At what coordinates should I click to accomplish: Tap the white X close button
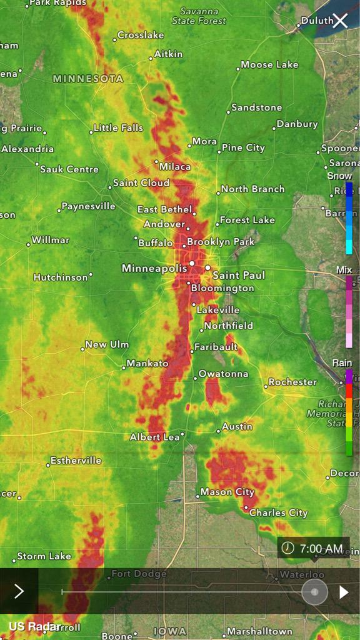pyautogui.click(x=340, y=21)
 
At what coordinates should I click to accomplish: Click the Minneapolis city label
pyautogui.click(x=154, y=268)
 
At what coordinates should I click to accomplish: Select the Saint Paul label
pyautogui.click(x=239, y=275)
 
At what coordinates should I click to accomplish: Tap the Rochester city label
pyautogui.click(x=292, y=382)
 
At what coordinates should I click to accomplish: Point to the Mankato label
pyautogui.click(x=147, y=363)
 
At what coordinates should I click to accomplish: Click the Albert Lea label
pyautogui.click(x=154, y=437)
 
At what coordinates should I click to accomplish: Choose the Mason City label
pyautogui.click(x=227, y=492)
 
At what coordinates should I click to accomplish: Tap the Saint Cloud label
pyautogui.click(x=141, y=183)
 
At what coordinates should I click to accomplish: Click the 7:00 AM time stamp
pyautogui.click(x=321, y=549)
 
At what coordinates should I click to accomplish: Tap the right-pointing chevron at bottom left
pyautogui.click(x=19, y=591)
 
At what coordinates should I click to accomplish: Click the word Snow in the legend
pyautogui.click(x=340, y=176)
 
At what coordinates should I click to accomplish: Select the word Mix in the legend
pyautogui.click(x=344, y=270)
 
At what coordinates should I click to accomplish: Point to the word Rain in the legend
pyautogui.click(x=342, y=362)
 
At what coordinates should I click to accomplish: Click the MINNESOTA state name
pyautogui.click(x=88, y=79)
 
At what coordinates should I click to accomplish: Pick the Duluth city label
pyautogui.click(x=317, y=21)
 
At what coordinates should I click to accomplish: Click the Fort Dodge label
pyautogui.click(x=139, y=574)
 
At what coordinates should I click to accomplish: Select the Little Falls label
pyautogui.click(x=118, y=127)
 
